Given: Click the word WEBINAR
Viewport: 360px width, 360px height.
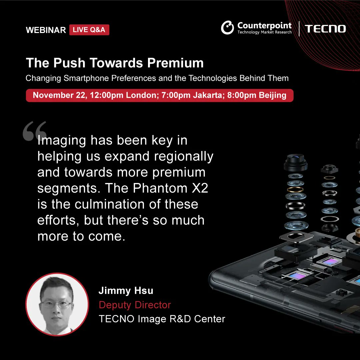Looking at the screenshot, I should pos(46,30).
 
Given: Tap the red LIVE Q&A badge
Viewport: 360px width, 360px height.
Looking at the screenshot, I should pos(89,30).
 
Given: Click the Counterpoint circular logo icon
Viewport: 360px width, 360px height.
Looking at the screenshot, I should pos(227,28).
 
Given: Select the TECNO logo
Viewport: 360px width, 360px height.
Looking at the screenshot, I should pos(325,29).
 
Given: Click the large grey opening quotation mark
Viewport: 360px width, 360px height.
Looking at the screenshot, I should pos(34,131).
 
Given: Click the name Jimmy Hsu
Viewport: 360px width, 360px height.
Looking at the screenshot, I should pos(126,291).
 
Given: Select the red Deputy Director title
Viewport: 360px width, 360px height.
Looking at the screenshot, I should pos(135,305).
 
